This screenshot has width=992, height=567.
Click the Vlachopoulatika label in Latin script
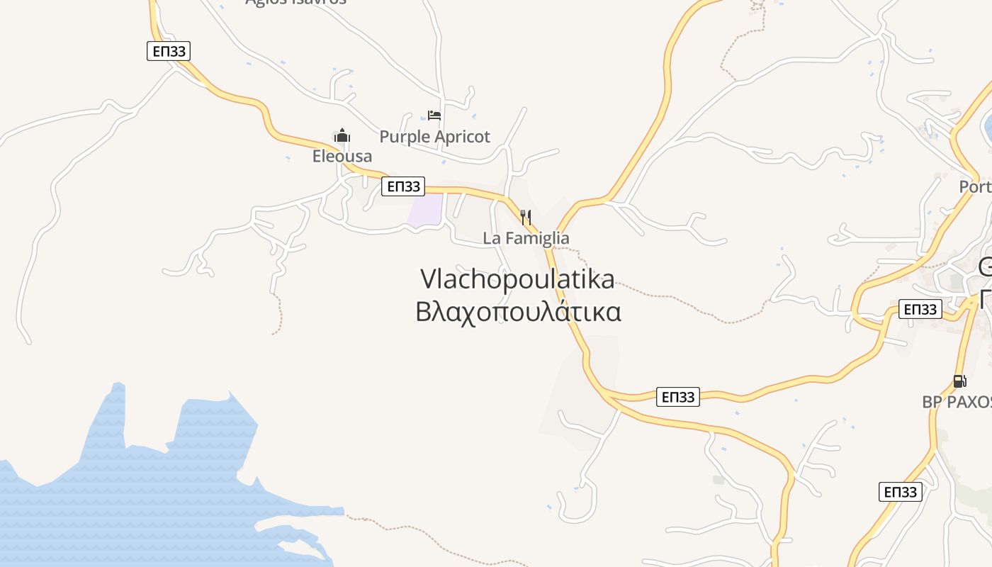[517, 279]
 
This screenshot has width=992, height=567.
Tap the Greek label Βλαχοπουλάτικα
[518, 312]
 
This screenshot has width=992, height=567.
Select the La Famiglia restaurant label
[526, 238]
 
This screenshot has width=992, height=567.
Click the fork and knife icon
[526, 217]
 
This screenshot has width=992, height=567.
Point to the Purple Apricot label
[434, 137]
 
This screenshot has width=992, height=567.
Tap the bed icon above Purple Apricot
[434, 115]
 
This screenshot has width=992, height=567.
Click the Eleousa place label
[342, 156]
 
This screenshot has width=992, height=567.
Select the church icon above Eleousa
[342, 135]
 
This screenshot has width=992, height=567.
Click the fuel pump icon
[959, 381]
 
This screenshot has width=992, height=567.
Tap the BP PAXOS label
[957, 402]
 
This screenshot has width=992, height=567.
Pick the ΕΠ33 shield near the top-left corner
[169, 51]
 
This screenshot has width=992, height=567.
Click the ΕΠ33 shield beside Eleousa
[402, 186]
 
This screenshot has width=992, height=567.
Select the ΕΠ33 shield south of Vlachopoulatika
[678, 397]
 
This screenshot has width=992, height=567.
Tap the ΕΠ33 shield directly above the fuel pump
[920, 309]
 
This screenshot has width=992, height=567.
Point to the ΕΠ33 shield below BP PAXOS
[900, 492]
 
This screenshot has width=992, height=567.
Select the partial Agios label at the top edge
[295, 2]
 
